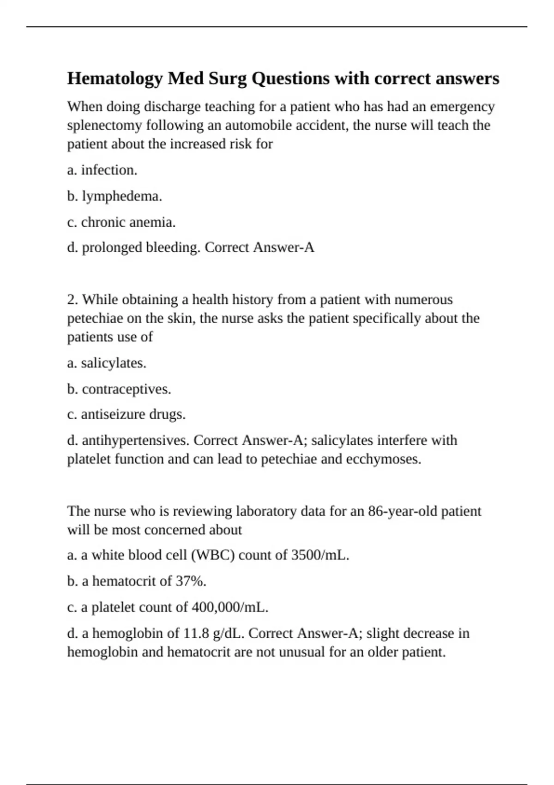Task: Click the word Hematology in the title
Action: click(x=115, y=79)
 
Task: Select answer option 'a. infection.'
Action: click(x=102, y=170)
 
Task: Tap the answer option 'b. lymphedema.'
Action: click(x=114, y=196)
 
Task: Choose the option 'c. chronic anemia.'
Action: click(x=121, y=222)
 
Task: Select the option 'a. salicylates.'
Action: click(x=107, y=363)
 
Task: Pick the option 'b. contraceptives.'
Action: click(x=119, y=389)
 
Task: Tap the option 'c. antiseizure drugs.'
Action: click(x=126, y=414)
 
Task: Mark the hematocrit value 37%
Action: click(x=191, y=581)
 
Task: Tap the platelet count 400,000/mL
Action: click(x=230, y=607)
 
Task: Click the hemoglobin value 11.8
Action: click(x=196, y=633)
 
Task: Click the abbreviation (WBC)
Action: click(x=212, y=555)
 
